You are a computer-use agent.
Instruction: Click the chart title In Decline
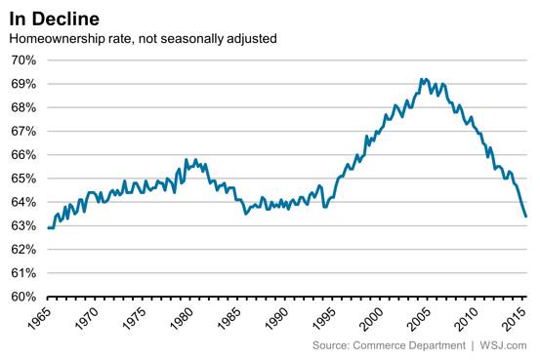(x=54, y=19)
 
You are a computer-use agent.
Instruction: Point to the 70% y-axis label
(x=23, y=60)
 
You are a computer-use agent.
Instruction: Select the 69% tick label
(x=23, y=84)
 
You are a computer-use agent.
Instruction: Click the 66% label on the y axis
(x=23, y=155)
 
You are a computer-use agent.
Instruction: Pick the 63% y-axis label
(x=23, y=225)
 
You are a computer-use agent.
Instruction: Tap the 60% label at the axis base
(x=23, y=297)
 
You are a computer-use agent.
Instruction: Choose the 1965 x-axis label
(x=39, y=318)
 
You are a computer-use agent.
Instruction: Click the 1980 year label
(x=182, y=318)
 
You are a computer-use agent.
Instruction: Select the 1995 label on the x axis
(x=324, y=318)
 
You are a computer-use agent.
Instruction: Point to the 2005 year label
(x=420, y=318)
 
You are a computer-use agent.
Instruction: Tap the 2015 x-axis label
(x=515, y=318)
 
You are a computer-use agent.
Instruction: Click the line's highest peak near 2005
(x=421, y=79)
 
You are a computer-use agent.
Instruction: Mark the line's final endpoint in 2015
(x=526, y=217)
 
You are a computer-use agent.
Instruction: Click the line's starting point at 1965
(x=48, y=228)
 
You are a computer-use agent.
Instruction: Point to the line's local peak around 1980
(x=187, y=159)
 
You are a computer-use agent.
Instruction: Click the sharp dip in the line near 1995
(x=324, y=207)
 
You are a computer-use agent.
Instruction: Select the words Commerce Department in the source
(x=409, y=345)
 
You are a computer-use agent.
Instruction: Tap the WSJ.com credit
(x=503, y=345)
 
